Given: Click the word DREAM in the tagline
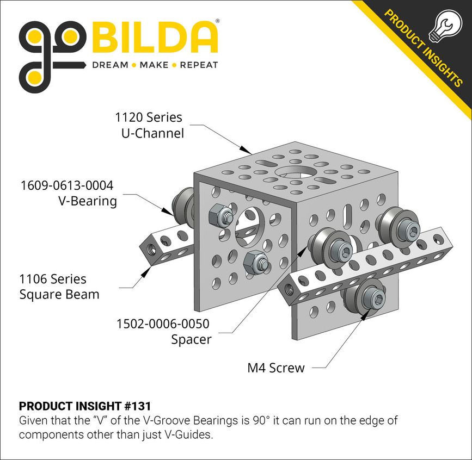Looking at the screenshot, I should [x=110, y=65].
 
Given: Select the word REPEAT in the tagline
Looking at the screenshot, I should [x=199, y=65].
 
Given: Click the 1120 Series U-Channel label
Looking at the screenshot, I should [x=149, y=125].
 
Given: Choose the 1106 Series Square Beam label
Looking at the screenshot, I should [x=53, y=287].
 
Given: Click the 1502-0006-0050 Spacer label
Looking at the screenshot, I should [x=163, y=331].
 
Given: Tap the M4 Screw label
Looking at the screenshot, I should [x=276, y=368].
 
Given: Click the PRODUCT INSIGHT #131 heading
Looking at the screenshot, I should [x=85, y=406].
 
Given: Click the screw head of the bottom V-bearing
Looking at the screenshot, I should [x=375, y=298].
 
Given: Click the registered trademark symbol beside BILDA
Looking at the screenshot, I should [x=218, y=21].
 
